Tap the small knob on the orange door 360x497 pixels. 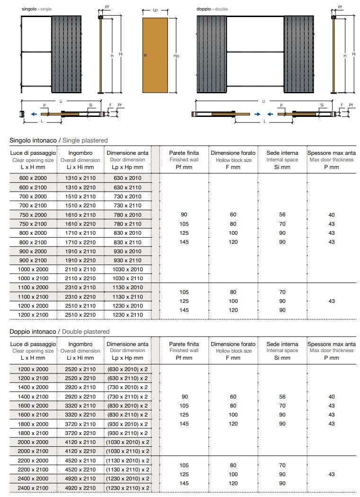pos(145,56)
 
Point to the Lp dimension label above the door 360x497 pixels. pos(155,9)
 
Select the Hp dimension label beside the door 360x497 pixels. pos(176,56)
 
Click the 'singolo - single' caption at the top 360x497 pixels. pos(36,9)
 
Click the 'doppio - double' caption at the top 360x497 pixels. pos(212,9)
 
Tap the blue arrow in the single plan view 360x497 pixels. pos(33,114)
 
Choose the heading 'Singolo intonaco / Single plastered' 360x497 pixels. pos(59,141)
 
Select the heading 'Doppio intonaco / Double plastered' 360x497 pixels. pos(60,332)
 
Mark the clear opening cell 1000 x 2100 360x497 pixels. pos(33,278)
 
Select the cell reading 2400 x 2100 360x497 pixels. pos(33,488)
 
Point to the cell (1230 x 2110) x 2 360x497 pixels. pos(127,488)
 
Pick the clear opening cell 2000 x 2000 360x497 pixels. pos(33,442)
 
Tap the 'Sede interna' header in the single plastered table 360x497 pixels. pos(282,153)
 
